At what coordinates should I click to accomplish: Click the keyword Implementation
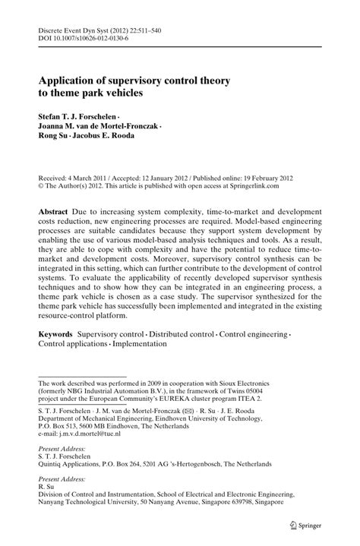click(x=141, y=344)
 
